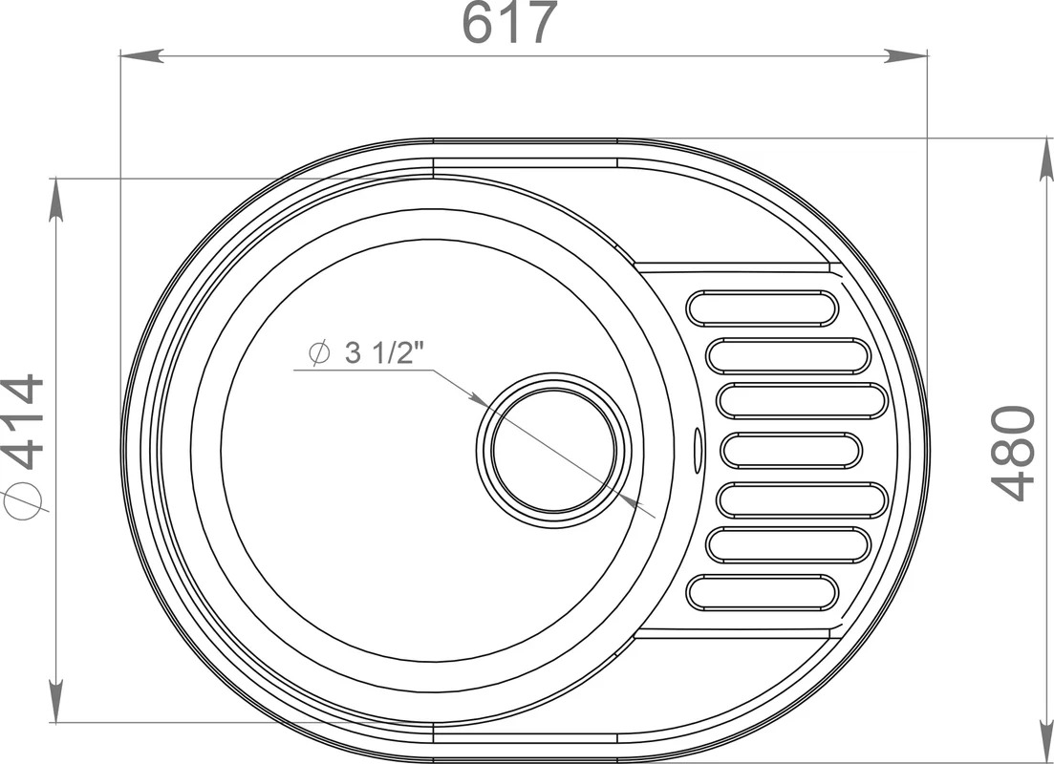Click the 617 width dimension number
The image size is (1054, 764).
point(509,23)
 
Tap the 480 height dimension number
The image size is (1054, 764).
point(1013,453)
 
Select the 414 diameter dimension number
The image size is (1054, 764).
point(22,421)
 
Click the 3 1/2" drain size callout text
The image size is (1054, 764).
point(385,352)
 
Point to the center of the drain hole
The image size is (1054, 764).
point(554,450)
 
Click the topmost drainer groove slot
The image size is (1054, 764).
point(763,308)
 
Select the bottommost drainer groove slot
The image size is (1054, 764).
point(763,593)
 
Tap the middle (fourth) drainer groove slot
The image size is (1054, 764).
point(791,450)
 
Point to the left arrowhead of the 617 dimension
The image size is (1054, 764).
point(141,55)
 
